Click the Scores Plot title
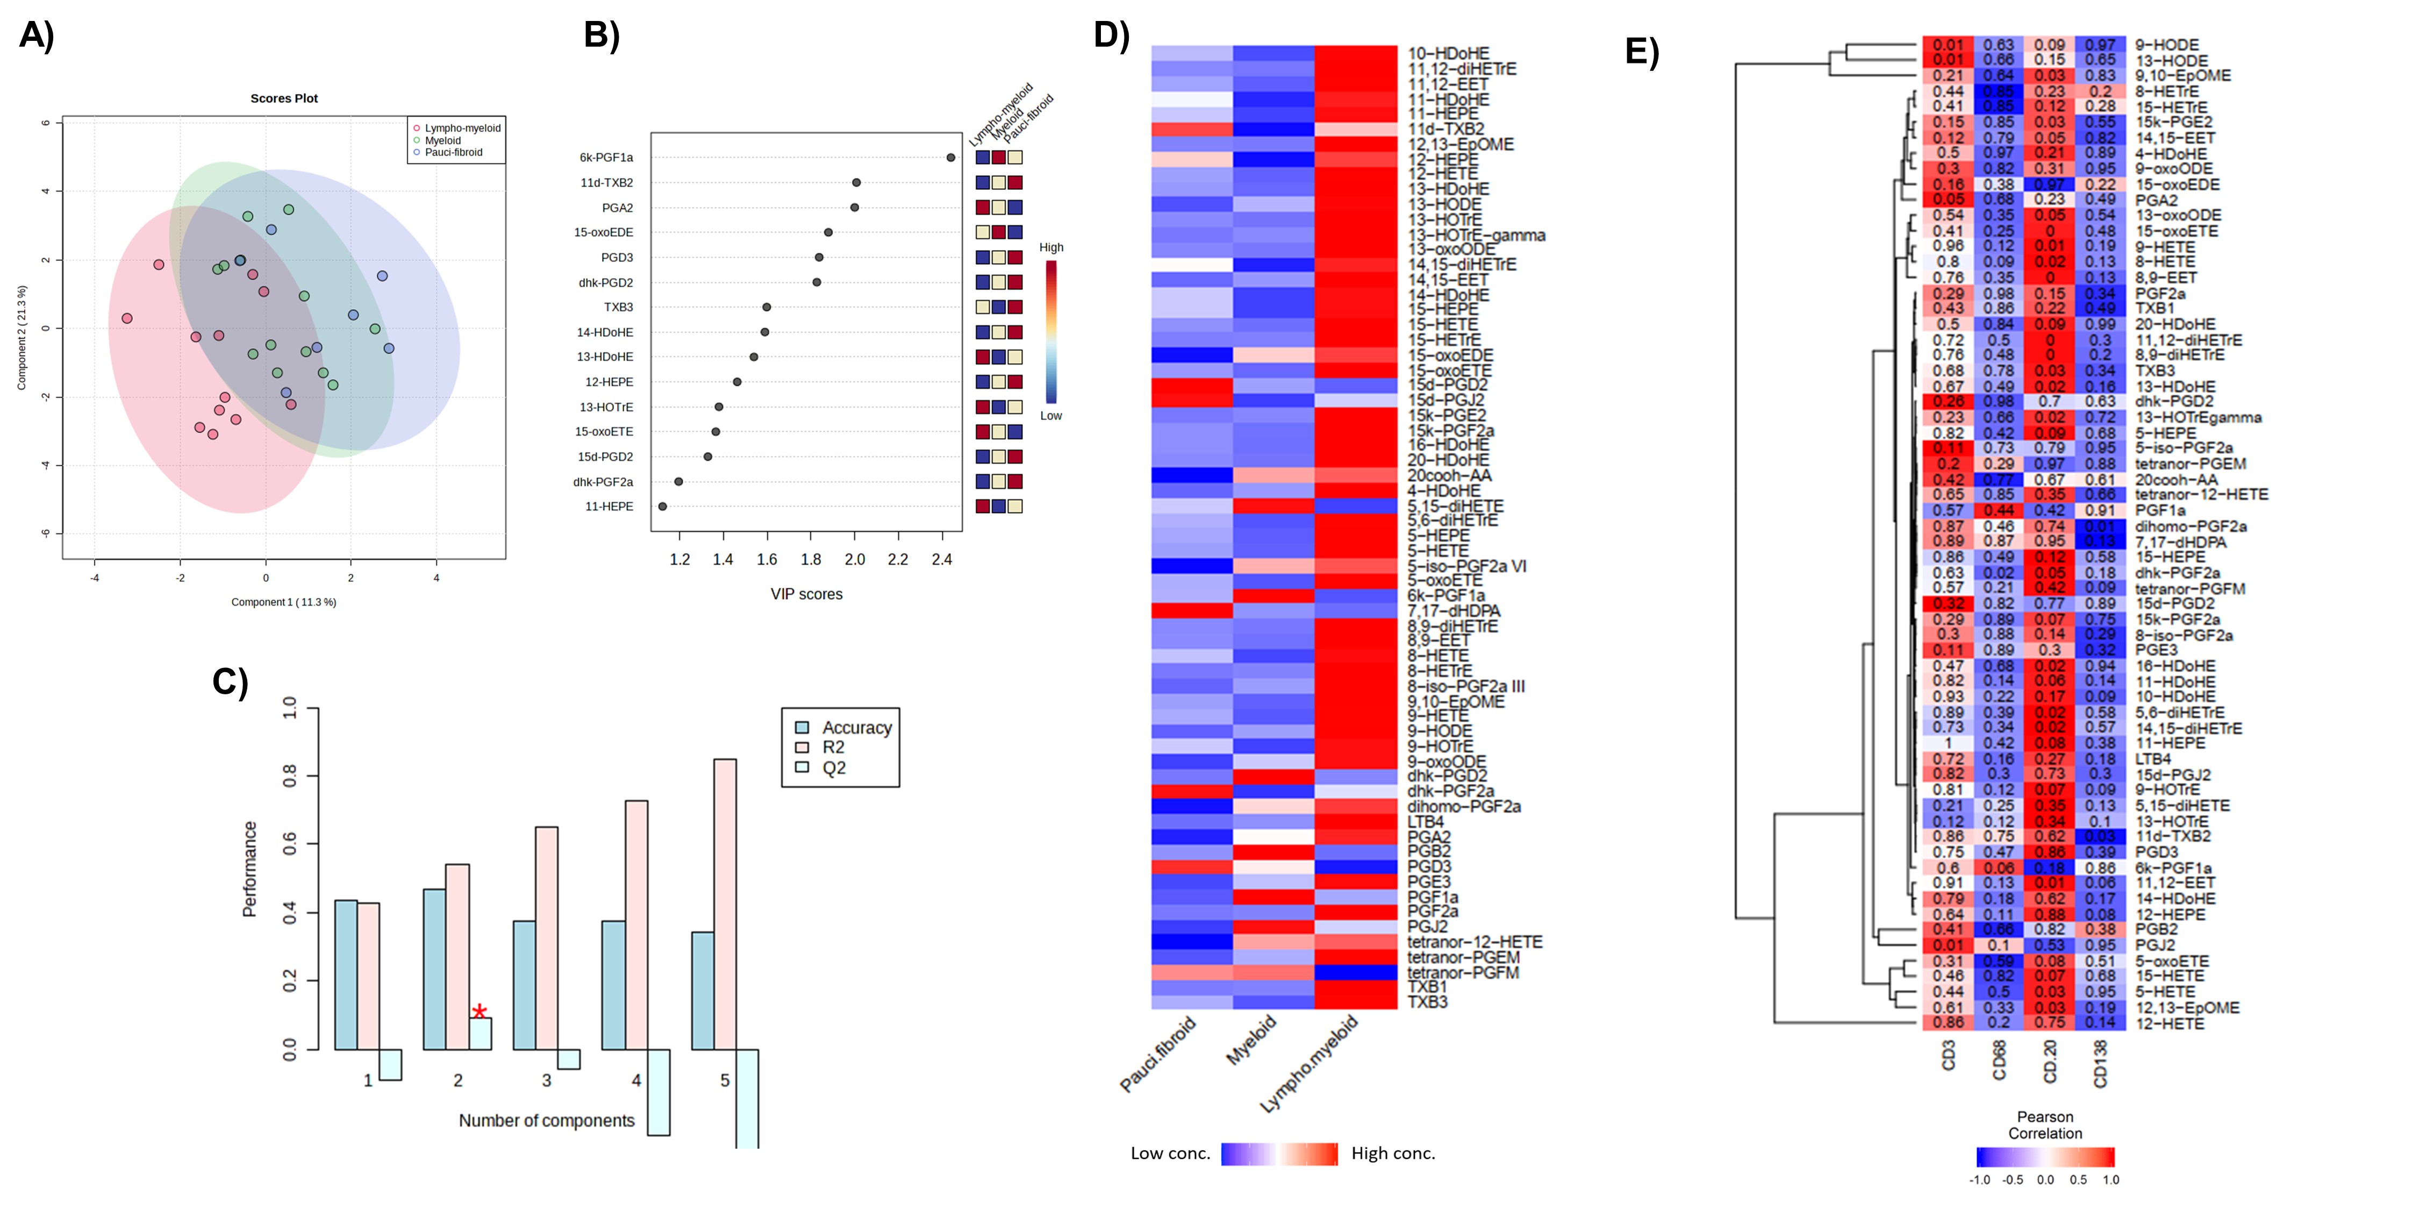(x=284, y=98)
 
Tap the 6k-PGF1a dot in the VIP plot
(x=950, y=158)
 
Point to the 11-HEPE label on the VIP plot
(x=610, y=507)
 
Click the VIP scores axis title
(x=806, y=594)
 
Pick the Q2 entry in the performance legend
(x=834, y=767)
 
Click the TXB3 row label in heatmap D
(x=1427, y=1002)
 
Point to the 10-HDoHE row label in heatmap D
(x=1448, y=54)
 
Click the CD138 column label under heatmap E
(x=2101, y=1063)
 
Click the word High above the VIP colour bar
(x=1051, y=247)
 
